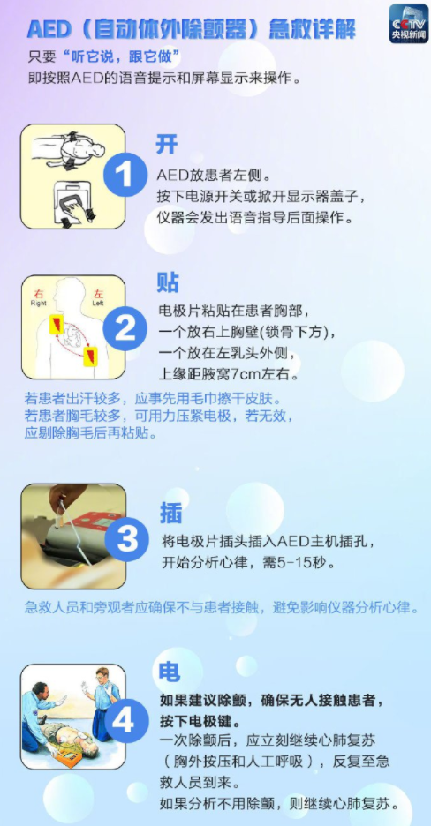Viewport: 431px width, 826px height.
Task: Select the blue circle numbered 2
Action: pos(126,329)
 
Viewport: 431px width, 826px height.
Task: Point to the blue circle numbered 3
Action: pos(127,537)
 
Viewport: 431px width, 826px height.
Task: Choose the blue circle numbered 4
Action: pos(125,720)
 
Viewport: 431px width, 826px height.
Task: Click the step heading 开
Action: pos(167,144)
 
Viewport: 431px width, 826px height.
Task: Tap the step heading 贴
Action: pos(168,283)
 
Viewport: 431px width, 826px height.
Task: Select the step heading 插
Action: pos(170,512)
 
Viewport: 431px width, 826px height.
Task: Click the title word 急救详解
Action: pos(314,30)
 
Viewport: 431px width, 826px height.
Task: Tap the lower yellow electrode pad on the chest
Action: pos(90,355)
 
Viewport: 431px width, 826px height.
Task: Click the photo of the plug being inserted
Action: pos(72,537)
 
